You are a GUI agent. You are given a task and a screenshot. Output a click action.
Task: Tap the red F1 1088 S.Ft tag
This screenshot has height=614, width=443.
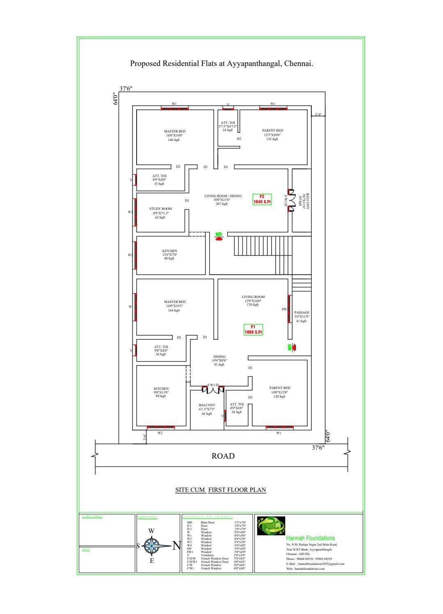click(x=253, y=329)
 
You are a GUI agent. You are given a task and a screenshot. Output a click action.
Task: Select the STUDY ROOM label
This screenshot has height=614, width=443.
click(x=160, y=209)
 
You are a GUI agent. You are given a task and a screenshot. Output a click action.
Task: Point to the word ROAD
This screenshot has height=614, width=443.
click(x=223, y=456)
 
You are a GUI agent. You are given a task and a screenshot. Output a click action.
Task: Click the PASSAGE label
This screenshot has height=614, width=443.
click(x=301, y=312)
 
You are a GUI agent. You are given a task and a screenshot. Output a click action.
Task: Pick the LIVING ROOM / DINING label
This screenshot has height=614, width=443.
click(x=223, y=196)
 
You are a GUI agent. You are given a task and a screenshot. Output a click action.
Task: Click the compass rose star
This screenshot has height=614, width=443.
click(x=153, y=546)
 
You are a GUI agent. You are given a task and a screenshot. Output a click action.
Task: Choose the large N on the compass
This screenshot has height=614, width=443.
click(x=176, y=546)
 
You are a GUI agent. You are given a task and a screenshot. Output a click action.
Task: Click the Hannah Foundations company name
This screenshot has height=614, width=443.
click(x=311, y=538)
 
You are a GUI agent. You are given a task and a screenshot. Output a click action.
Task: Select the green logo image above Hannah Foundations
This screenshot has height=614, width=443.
click(x=271, y=526)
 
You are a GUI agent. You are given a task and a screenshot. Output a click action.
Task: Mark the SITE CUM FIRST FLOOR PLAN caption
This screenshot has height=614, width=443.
click(x=221, y=490)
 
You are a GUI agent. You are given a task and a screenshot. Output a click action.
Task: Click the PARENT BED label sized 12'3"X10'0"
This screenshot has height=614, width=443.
click(x=272, y=130)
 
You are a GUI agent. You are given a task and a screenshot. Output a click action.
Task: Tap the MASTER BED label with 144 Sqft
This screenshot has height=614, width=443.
click(x=175, y=302)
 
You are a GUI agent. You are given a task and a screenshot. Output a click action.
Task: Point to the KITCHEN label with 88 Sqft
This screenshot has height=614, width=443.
click(x=170, y=251)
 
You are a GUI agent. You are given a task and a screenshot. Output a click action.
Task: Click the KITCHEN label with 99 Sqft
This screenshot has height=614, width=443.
click(x=161, y=389)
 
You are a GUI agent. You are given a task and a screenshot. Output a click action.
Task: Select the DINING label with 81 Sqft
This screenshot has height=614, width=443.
click(x=219, y=357)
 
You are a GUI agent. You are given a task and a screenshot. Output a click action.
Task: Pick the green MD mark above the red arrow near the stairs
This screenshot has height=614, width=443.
click(x=219, y=234)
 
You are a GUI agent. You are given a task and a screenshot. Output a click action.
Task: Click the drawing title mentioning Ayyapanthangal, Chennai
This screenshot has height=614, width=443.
click(x=221, y=64)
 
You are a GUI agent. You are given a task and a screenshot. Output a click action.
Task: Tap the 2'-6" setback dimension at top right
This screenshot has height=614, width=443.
click(x=318, y=114)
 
